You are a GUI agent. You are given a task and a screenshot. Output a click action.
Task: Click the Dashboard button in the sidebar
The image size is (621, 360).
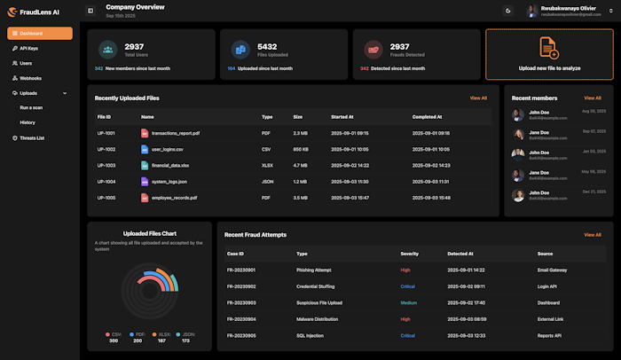coord(40,34)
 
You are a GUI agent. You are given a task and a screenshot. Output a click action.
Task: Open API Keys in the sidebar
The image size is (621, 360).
coord(29,49)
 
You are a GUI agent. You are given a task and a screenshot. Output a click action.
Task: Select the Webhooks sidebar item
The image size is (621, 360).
coord(30,78)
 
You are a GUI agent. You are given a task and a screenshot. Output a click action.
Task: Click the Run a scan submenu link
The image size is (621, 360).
coord(32,107)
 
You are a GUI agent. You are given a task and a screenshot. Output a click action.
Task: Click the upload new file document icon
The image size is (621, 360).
coord(548,48)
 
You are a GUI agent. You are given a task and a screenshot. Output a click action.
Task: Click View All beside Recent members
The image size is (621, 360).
coord(592,98)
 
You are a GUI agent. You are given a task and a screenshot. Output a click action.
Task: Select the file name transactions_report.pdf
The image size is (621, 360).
coord(175,133)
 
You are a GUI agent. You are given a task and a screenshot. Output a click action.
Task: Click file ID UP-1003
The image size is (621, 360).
coord(106,165)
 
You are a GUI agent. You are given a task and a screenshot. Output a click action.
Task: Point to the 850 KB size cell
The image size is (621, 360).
coord(301,149)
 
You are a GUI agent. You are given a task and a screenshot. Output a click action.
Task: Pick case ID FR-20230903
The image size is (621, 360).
coord(241,302)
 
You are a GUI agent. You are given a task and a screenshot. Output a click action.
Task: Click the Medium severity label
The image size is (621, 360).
coord(408,302)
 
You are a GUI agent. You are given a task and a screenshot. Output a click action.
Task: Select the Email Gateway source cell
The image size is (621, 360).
coord(554,270)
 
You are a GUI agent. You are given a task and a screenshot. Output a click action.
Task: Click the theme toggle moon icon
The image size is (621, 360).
coord(507,11)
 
